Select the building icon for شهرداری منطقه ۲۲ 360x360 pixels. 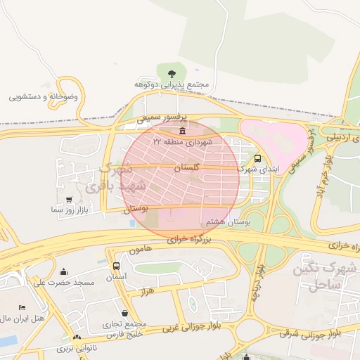[x=182, y=131]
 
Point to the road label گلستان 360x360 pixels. [x=186, y=169]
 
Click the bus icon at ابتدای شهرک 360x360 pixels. [x=257, y=158]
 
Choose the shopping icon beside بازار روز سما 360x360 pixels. [x=68, y=200]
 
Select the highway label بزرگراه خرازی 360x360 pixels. [x=191, y=240]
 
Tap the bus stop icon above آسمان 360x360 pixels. [x=116, y=266]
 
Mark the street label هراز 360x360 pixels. [x=147, y=290]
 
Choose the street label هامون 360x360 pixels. [x=140, y=250]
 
